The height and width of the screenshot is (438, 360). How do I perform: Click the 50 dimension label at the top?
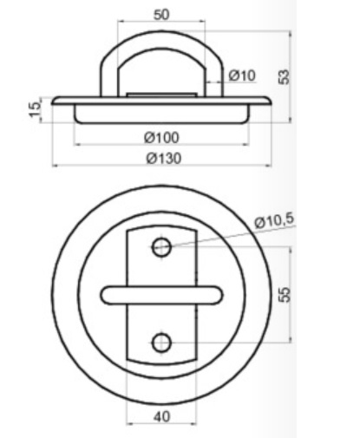click(161, 15)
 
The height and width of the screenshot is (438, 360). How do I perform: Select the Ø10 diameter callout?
click(242, 75)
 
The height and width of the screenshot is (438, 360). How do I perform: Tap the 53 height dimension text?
click(284, 77)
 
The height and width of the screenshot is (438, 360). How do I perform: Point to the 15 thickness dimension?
click(35, 108)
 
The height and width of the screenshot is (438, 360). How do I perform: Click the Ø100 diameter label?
click(162, 138)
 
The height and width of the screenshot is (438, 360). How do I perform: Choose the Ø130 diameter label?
click(164, 159)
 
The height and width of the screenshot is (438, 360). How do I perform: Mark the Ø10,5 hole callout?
click(274, 221)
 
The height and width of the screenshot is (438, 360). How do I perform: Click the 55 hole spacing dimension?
click(285, 295)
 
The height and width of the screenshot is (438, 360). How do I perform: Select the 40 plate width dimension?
click(162, 416)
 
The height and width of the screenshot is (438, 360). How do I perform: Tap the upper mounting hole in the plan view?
click(161, 247)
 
